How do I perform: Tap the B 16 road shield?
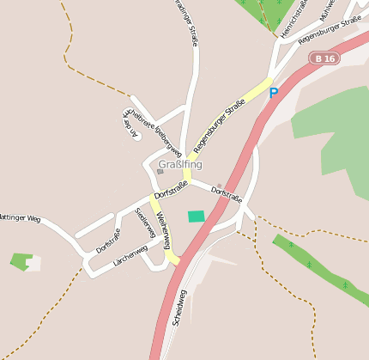pyautogui.click(x=325, y=58)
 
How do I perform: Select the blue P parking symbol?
pyautogui.click(x=274, y=93)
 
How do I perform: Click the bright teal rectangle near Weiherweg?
pyautogui.click(x=197, y=217)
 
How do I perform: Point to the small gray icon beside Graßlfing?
pyautogui.click(x=160, y=172)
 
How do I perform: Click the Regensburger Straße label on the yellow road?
pyautogui.click(x=220, y=125)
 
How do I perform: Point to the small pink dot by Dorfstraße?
pyautogui.click(x=219, y=186)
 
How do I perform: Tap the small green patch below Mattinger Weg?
pyautogui.click(x=21, y=259)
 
